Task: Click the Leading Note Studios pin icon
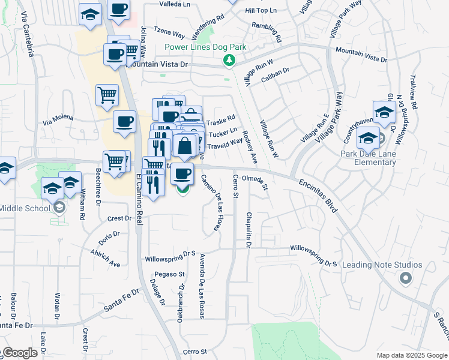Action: tap(405, 278)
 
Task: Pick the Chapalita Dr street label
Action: tap(248, 230)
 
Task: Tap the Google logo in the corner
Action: tap(20, 353)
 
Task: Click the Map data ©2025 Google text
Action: tap(412, 355)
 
